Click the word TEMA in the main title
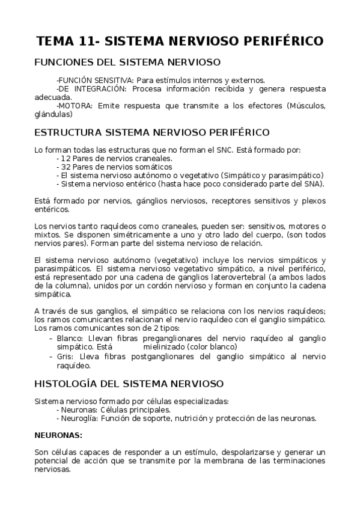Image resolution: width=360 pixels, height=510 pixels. point(55,41)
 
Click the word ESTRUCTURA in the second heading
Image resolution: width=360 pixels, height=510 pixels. point(67,132)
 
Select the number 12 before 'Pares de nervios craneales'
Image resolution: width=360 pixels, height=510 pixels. point(64,158)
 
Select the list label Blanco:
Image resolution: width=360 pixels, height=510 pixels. point(70,339)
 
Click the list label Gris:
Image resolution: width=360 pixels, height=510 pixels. point(66,356)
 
